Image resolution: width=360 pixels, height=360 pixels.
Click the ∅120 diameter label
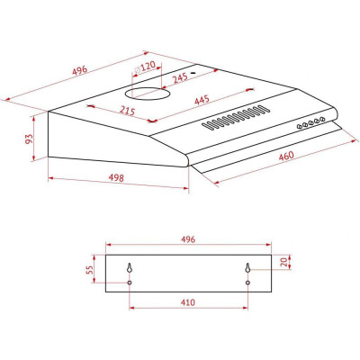pos(145,66)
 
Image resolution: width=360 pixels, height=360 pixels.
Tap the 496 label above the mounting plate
pos(187,240)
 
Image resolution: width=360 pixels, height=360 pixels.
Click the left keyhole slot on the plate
pos(130,268)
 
